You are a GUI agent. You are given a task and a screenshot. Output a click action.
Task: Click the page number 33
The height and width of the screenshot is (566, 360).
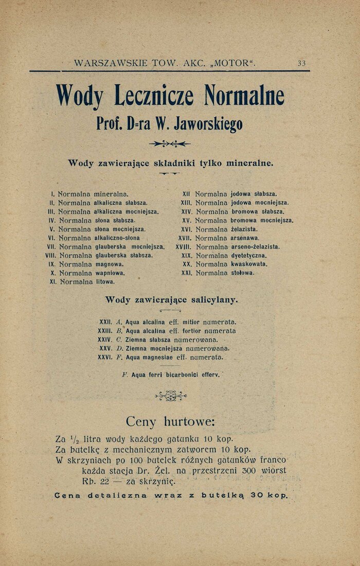301,63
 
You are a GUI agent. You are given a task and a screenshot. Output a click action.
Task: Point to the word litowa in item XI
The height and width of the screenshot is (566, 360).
105,282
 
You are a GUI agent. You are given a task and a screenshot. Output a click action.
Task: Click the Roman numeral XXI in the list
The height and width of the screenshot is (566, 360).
186,273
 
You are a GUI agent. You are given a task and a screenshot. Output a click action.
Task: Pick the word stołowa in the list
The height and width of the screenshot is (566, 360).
243,273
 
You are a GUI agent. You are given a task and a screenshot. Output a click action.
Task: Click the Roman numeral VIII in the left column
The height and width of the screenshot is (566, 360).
50,255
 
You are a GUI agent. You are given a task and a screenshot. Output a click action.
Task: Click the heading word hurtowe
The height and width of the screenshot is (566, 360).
189,422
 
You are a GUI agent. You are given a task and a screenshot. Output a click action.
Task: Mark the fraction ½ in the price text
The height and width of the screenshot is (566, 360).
74,440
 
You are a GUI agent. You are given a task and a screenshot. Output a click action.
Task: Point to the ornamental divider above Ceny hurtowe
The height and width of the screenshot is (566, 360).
171,396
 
